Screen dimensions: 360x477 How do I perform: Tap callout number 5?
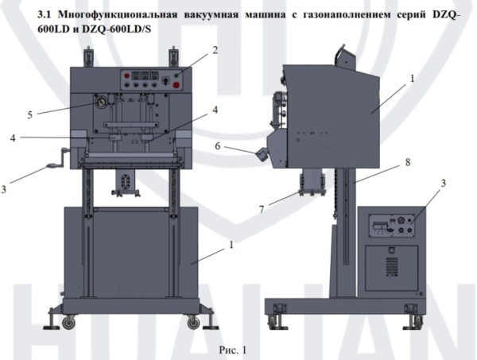click(29, 114)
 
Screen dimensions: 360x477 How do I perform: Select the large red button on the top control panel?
click(176, 81)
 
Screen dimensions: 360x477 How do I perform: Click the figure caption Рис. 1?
click(234, 347)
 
